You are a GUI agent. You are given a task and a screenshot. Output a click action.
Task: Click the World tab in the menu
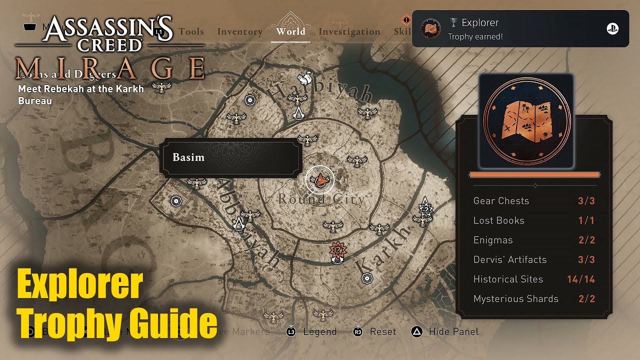coord(290,31)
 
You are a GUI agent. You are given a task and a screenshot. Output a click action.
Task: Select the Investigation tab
coord(349,32)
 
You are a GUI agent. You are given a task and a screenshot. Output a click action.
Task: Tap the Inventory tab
coord(239,32)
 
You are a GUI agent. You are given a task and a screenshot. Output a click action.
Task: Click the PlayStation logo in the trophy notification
coord(612,29)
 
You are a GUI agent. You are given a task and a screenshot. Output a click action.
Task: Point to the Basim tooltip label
coord(188,157)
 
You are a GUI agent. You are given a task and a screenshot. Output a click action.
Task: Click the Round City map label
coord(321,199)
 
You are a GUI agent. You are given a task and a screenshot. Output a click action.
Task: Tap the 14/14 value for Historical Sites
coord(581,279)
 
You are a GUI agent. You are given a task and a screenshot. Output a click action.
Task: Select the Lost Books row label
coord(498,220)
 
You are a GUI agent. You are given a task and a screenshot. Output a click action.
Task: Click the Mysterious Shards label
coord(515,298)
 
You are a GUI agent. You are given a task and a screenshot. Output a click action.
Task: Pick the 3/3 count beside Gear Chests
coord(586,201)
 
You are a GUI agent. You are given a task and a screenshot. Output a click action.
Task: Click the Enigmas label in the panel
coord(493,240)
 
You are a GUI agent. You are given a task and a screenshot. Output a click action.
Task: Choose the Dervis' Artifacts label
coord(510,259)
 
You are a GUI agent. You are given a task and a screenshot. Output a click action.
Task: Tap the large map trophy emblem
coord(525,121)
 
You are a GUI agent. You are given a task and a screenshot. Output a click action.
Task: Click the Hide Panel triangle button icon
coord(416,331)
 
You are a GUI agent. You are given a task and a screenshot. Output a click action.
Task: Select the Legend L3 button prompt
coord(291,331)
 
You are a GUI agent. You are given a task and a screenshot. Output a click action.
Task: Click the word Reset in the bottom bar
coord(383,331)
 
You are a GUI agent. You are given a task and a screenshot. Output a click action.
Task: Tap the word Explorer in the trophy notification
coord(480,22)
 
